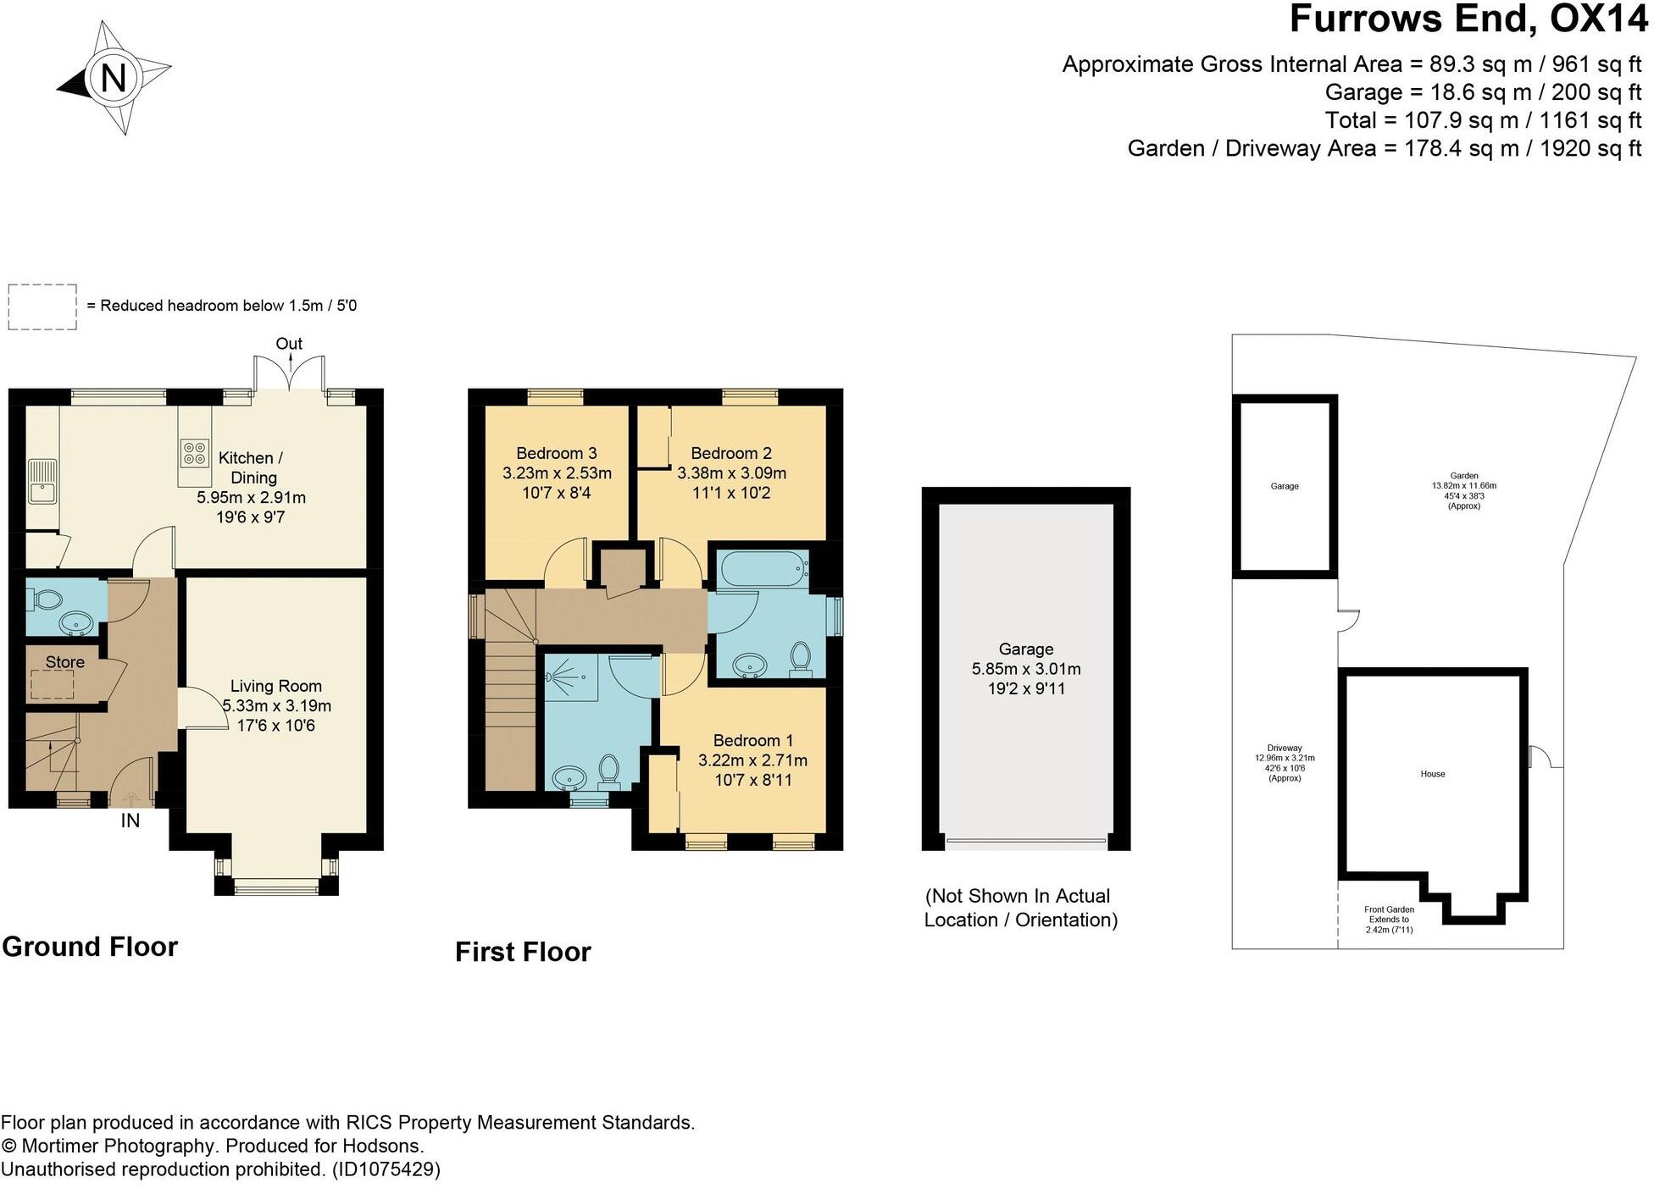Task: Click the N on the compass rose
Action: [x=114, y=78]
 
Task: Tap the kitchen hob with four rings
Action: [x=194, y=453]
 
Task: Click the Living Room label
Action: [x=276, y=686]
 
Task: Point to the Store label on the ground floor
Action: [x=65, y=662]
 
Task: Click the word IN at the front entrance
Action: [x=130, y=821]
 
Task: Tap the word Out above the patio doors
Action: [x=289, y=344]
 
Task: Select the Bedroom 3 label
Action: [x=557, y=453]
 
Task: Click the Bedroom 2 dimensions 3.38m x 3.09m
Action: [x=731, y=473]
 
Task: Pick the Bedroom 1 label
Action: [x=753, y=740]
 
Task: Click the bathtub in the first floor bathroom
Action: [x=763, y=570]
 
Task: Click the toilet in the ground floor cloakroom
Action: [x=45, y=600]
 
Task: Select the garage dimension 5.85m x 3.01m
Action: [x=1026, y=669]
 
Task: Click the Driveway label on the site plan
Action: [x=1285, y=749]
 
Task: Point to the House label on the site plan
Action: [x=1433, y=774]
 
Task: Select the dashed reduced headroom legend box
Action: [x=42, y=307]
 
